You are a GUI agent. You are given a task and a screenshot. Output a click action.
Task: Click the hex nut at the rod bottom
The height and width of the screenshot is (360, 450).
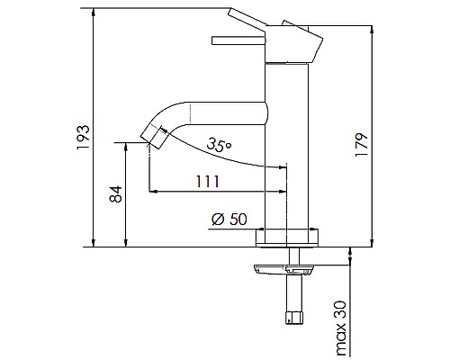[293, 319]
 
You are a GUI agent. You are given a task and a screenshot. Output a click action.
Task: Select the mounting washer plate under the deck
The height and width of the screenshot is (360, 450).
[286, 267]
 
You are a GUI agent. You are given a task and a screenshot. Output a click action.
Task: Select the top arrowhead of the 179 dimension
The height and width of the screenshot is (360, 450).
[371, 29]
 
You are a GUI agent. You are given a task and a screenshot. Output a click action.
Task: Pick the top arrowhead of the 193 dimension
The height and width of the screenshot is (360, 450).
[94, 12]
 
